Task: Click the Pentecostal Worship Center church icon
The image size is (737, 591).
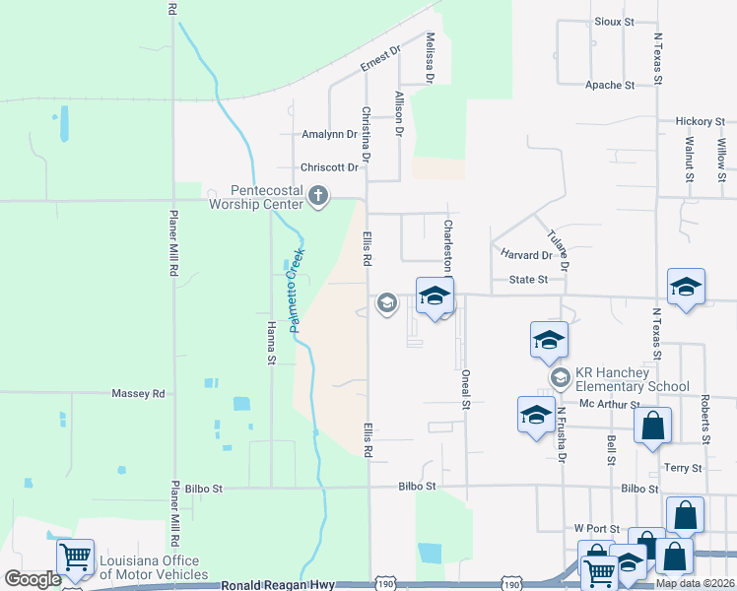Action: (317, 197)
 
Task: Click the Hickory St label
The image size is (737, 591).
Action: (700, 121)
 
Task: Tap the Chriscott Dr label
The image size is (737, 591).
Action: (329, 167)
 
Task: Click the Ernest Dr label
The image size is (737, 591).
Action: (381, 58)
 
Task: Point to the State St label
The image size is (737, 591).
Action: (528, 280)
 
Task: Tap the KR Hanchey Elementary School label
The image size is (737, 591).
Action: (632, 379)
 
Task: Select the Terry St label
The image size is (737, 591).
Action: (683, 468)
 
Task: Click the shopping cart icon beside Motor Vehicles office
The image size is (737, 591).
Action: (75, 558)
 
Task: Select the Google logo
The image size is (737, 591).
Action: (33, 579)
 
